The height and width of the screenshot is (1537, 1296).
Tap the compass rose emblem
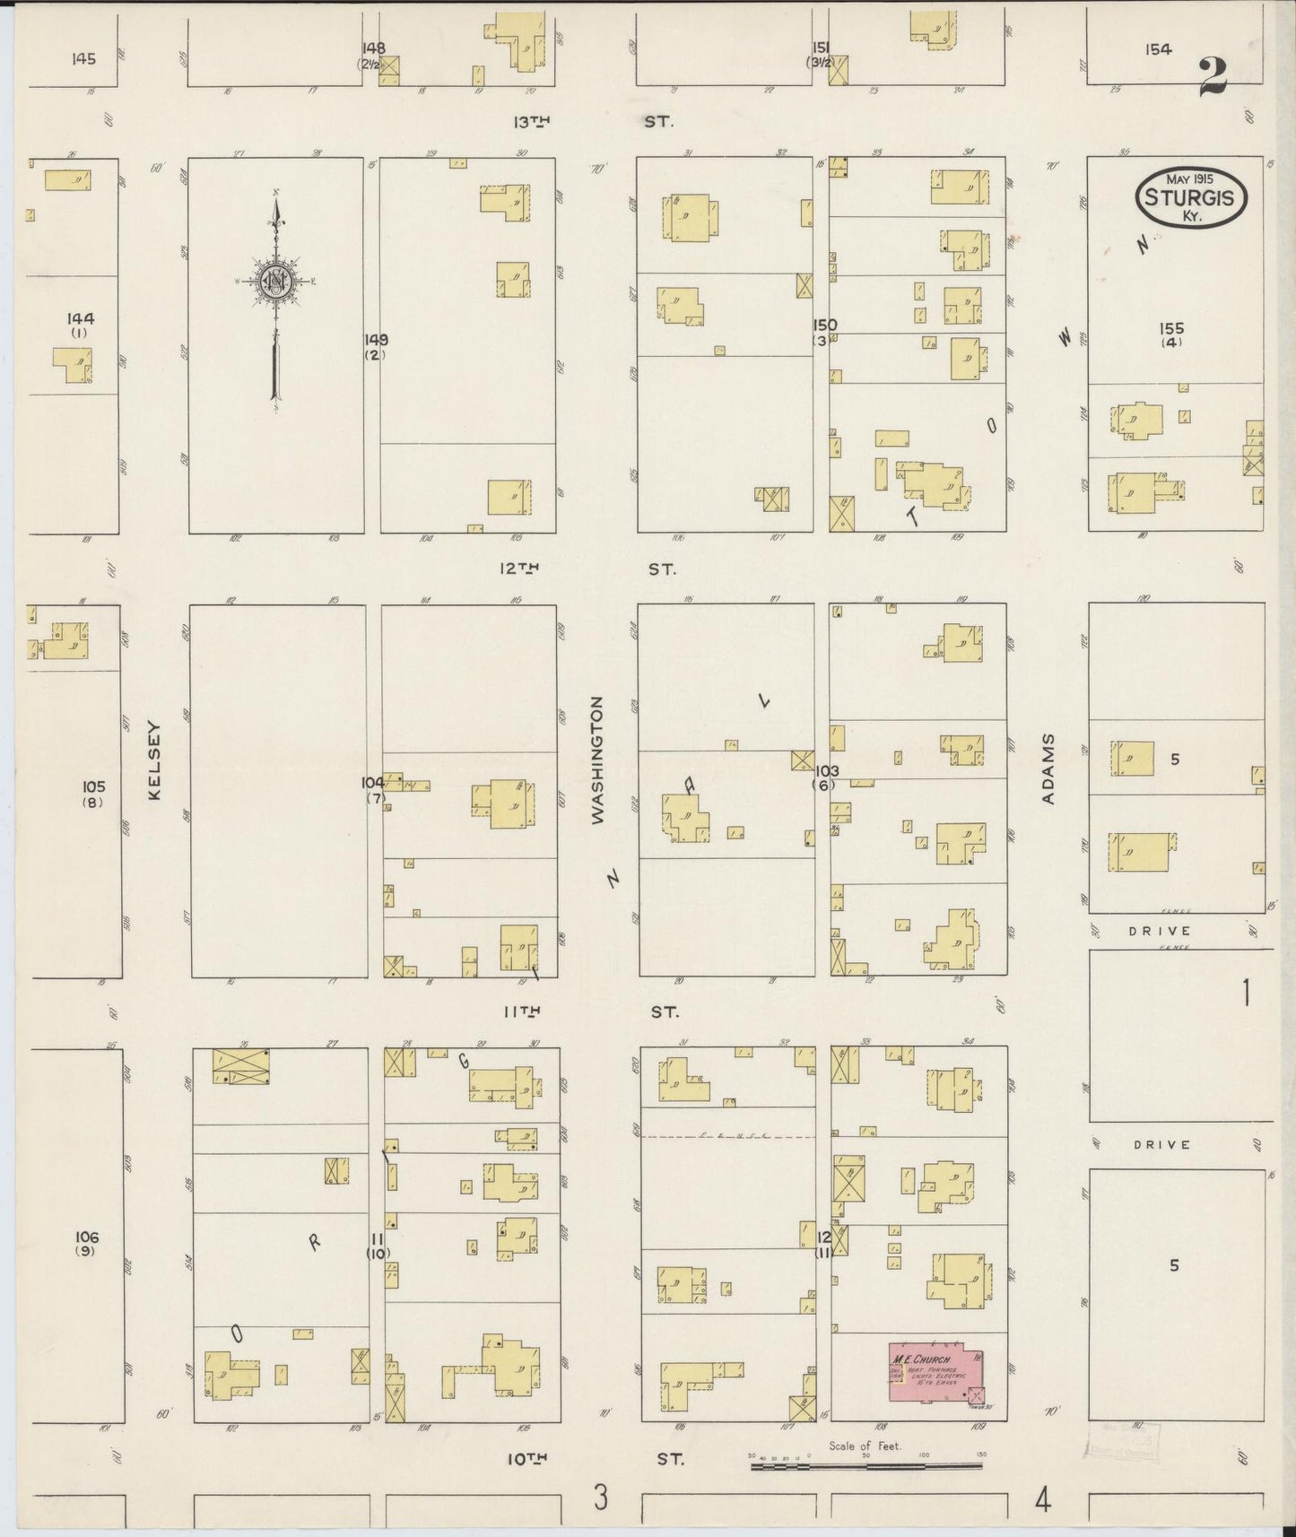pos(275,281)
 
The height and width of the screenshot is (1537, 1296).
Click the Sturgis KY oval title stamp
pos(1190,198)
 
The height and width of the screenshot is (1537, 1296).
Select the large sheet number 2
pos(1213,75)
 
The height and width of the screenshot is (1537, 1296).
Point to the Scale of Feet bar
pos(865,1466)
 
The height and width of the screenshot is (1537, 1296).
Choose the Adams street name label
pos(1049,768)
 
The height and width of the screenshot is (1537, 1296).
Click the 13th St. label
pos(593,121)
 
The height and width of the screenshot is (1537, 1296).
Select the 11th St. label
pos(589,1012)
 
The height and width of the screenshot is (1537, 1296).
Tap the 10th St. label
pos(595,1459)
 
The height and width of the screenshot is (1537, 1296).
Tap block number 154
pos(1158,49)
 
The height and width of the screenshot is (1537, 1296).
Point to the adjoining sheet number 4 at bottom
pos(1042,1499)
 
